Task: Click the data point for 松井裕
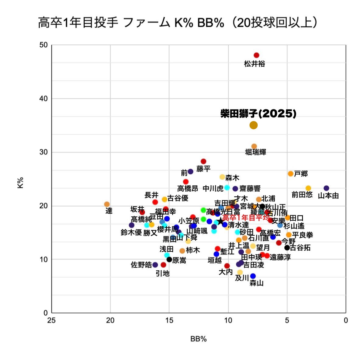point(256,55)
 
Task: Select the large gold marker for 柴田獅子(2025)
point(253,125)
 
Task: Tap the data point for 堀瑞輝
point(254,146)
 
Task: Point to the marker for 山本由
point(326,188)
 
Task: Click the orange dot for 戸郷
point(291,174)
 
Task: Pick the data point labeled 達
point(107,204)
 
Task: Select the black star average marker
point(220,221)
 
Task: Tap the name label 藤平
point(203,169)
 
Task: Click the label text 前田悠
point(302,195)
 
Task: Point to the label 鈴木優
point(131,233)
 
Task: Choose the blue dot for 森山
point(253,276)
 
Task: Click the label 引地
point(162,274)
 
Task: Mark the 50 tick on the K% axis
point(44,45)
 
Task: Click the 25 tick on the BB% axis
point(52,320)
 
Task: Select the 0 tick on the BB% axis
point(346,320)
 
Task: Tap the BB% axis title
point(199,339)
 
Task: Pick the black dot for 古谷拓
point(287,248)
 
